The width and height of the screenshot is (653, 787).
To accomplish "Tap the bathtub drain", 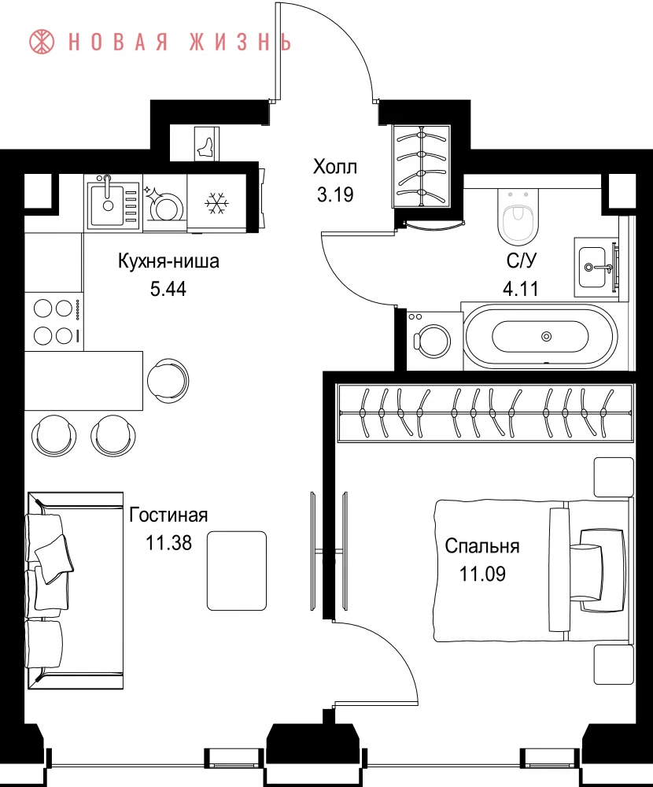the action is pos(547,336).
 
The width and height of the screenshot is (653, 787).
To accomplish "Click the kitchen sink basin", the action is pos(106,205).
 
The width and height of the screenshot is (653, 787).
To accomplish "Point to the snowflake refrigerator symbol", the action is pos(217,203).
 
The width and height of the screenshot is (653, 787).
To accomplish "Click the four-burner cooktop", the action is pos(53,321).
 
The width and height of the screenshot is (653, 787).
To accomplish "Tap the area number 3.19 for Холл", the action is pos(335,194).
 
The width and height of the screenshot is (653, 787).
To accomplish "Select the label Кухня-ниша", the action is pos(168,261).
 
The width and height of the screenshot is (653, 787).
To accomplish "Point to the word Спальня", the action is pos(481,546).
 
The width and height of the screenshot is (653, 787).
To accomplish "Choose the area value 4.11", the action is pos(521,289).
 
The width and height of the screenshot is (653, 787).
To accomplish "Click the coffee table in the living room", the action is pos(236,571).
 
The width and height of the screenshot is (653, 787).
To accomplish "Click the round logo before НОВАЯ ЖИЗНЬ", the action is pos(42,42).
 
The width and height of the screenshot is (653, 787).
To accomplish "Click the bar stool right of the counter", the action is pos(168,381).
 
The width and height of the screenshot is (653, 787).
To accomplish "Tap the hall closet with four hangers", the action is pos(422,166).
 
